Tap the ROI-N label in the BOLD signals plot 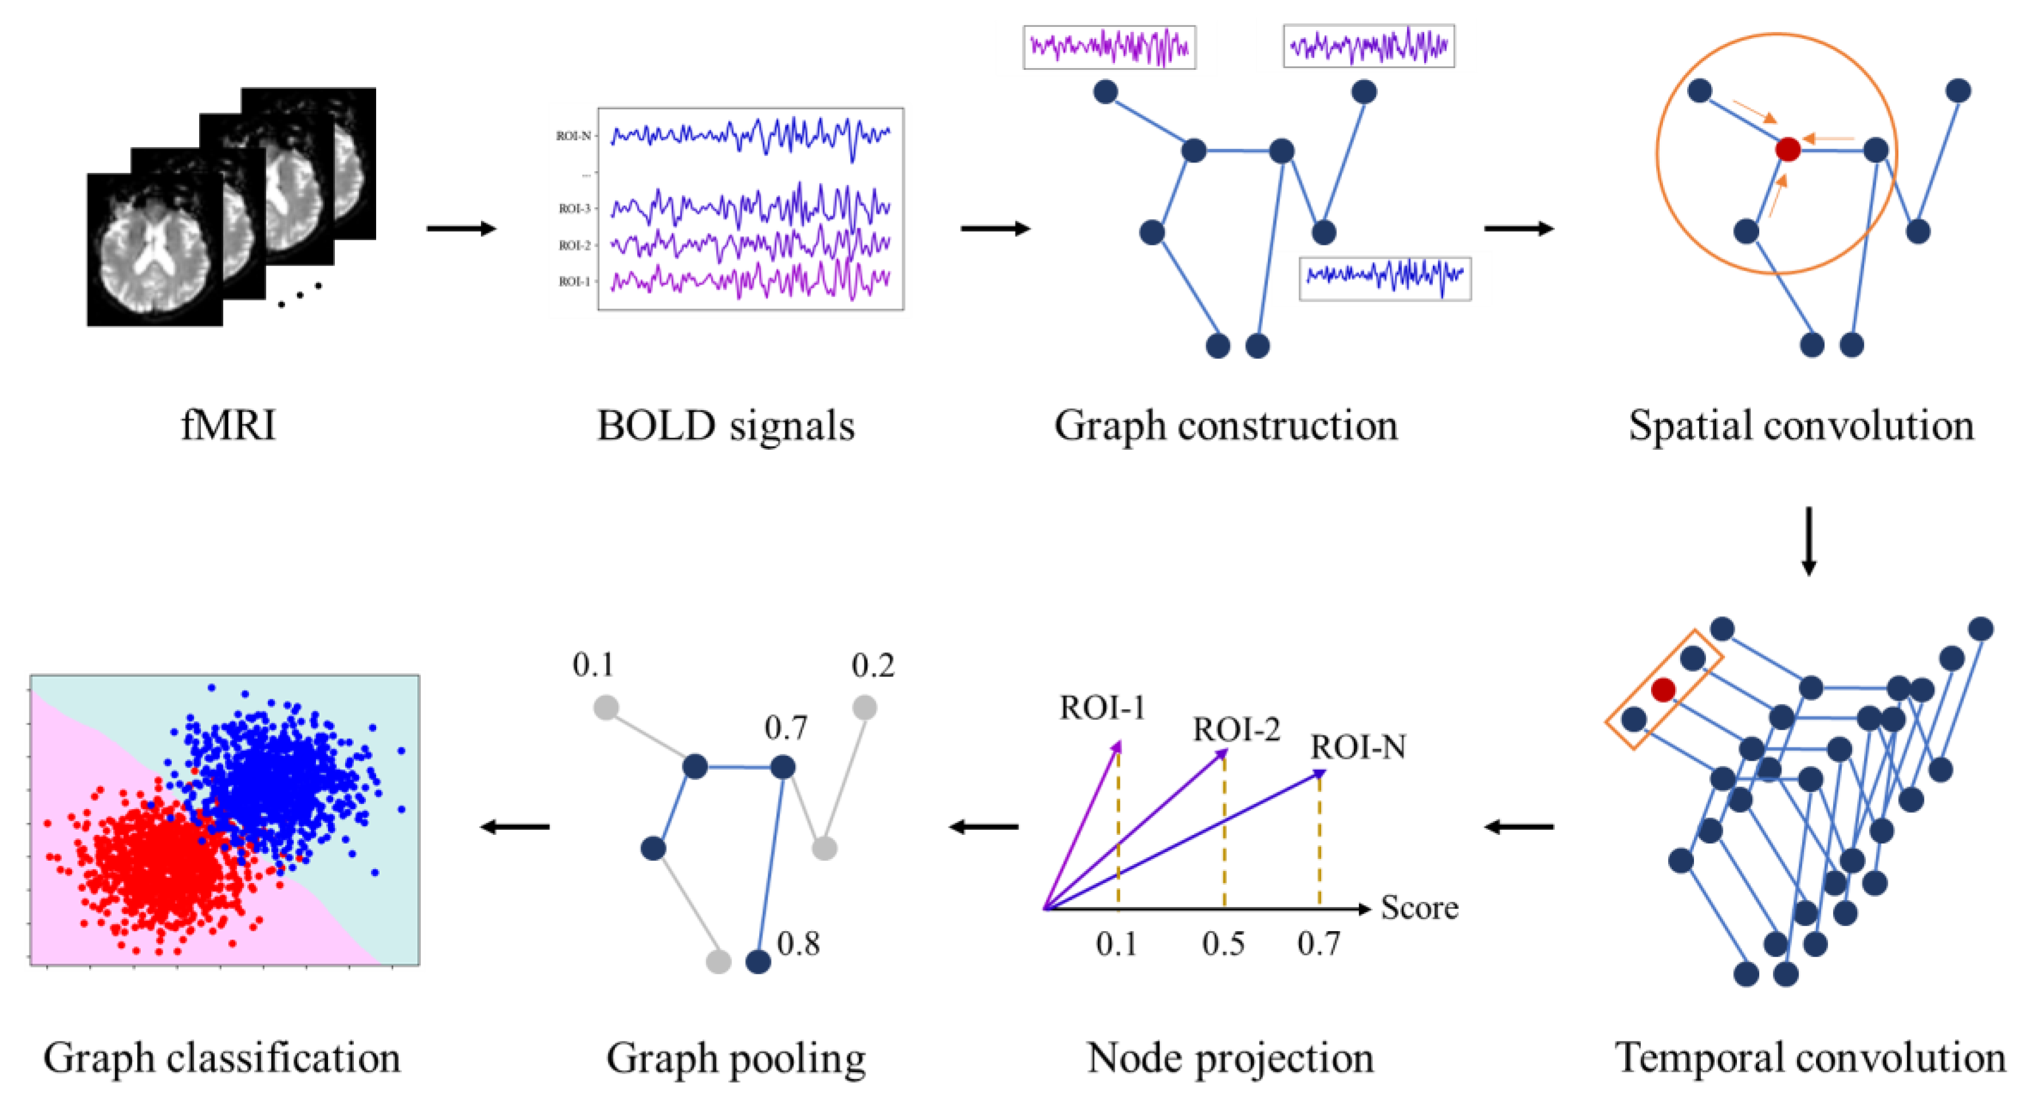tap(574, 136)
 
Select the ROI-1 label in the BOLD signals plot tap(574, 282)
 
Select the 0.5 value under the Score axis tap(1223, 944)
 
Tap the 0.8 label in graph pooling tap(798, 943)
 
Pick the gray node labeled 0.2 tap(864, 707)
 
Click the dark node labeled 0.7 tap(782, 767)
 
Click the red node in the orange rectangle tap(1662, 690)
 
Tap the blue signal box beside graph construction tap(1384, 277)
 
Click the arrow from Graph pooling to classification tap(515, 826)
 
